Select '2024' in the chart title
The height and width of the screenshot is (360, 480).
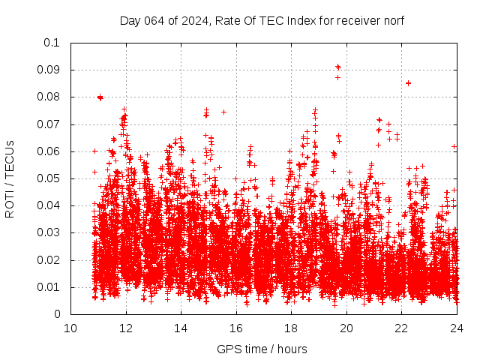click(191, 21)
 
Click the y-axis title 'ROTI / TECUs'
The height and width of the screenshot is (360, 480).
click(10, 178)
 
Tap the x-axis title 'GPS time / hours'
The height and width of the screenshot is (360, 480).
click(262, 349)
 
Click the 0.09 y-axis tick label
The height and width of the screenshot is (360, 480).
click(49, 70)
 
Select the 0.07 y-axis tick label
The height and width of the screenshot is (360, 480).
click(49, 124)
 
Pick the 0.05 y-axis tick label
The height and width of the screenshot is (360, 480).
click(49, 178)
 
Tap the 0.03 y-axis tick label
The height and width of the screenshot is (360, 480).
click(49, 232)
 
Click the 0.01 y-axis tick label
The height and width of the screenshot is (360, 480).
click(49, 287)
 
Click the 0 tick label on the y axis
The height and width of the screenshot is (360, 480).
click(58, 314)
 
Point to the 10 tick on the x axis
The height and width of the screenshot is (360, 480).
click(70, 328)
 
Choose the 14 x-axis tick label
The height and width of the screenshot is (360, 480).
click(181, 328)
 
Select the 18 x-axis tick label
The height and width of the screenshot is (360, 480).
click(291, 328)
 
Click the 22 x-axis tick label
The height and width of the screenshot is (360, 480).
click(401, 328)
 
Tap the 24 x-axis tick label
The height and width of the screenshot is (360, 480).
click(457, 328)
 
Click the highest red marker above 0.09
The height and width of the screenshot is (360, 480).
click(337, 67)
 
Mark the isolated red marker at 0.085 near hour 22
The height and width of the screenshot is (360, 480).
click(408, 83)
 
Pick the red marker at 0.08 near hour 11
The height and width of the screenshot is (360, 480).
click(100, 97)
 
